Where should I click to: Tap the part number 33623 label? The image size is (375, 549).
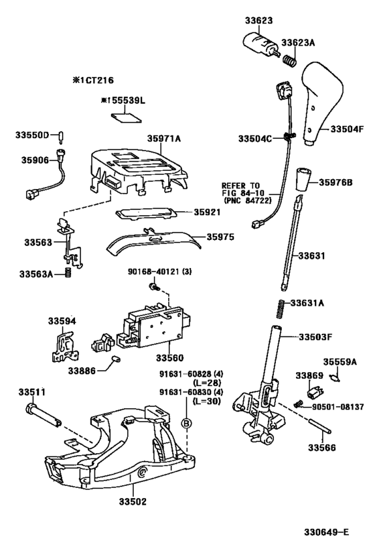[x=258, y=20]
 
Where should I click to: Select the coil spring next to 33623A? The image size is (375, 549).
[x=290, y=60]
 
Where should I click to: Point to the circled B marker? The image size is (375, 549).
[x=186, y=423]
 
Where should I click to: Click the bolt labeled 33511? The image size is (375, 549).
[x=44, y=416]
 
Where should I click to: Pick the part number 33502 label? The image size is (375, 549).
[x=132, y=501]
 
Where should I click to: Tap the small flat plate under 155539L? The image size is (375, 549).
[x=126, y=117]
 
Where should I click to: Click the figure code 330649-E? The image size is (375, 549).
[x=326, y=532]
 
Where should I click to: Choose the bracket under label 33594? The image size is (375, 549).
[x=64, y=347]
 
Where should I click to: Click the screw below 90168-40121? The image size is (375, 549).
[x=154, y=287]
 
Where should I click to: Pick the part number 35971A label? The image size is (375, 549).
[x=163, y=139]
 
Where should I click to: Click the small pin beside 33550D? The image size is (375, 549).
[x=61, y=136]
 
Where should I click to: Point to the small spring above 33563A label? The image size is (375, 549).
[x=68, y=272]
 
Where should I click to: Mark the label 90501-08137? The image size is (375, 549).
[x=337, y=406]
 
